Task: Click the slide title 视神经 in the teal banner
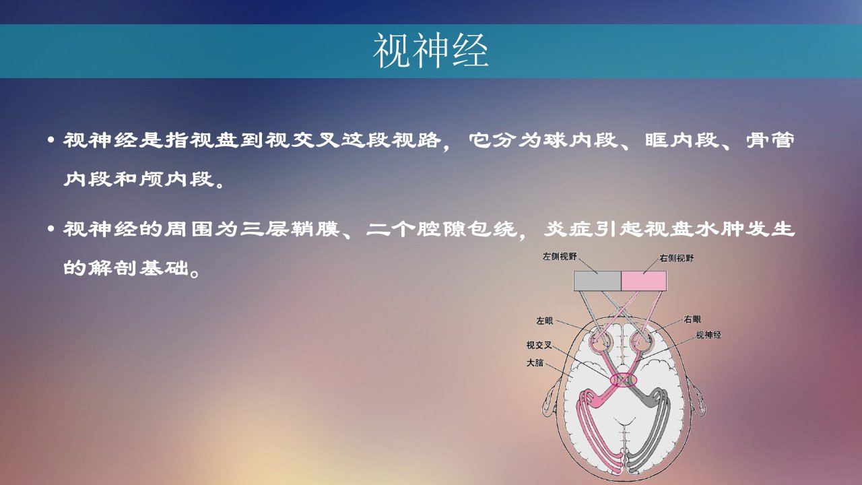click(x=431, y=51)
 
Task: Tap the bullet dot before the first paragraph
click(x=51, y=141)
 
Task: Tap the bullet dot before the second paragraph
click(x=51, y=230)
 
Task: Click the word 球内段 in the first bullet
click(x=581, y=140)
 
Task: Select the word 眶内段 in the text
click(x=682, y=140)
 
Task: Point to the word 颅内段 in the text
click(x=176, y=179)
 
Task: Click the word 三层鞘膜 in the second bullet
click(x=290, y=229)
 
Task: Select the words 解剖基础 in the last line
click(x=139, y=267)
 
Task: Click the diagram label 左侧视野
click(x=560, y=257)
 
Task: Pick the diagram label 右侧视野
click(x=677, y=258)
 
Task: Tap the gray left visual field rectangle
click(x=597, y=281)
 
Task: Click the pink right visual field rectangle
click(x=644, y=281)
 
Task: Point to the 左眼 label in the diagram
click(x=545, y=321)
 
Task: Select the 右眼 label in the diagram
click(x=693, y=319)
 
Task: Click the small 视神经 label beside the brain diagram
click(x=708, y=335)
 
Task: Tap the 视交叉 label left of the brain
click(x=539, y=346)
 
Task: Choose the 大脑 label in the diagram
click(x=535, y=362)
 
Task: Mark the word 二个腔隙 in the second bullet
click(x=416, y=229)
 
